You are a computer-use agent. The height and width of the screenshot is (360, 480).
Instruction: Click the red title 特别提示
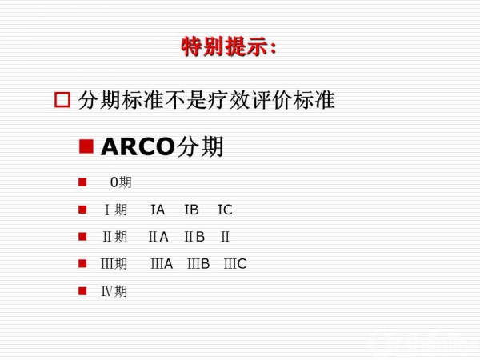coord(224,47)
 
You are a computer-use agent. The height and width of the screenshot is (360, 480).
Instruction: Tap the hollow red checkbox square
coord(62,100)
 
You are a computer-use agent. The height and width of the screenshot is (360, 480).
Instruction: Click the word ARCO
coord(138,147)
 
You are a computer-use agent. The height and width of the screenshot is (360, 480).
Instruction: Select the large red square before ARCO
coord(86,146)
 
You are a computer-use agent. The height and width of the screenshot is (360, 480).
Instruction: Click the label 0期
coord(121,182)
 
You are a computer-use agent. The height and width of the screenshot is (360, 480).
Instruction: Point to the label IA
coord(158,210)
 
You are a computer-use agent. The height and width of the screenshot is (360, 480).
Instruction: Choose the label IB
coord(191,210)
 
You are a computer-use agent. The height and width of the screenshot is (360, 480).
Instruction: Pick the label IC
coord(225,210)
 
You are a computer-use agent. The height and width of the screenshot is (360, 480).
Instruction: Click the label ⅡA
coord(158,237)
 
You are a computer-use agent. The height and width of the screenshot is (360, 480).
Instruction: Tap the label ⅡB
coord(194,237)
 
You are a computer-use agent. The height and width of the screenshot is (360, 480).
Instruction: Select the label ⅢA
coord(162,264)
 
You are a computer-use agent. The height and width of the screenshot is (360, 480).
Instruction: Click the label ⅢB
coord(198,264)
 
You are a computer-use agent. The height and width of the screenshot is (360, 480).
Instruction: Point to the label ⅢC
coord(235,264)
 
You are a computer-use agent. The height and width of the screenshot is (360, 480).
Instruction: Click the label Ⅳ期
coord(114,291)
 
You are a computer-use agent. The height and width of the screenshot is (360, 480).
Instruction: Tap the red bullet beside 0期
coord(82,182)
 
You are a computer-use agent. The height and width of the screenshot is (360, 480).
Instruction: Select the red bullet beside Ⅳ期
coord(82,291)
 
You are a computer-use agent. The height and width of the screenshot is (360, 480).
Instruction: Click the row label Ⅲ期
coord(114,264)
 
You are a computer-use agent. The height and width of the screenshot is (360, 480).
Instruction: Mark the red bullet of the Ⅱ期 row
coord(82,237)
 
